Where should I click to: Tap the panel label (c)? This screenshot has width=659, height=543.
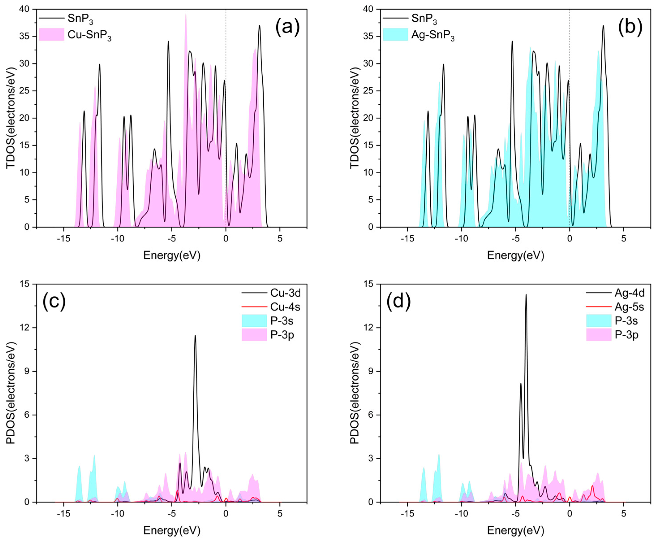pyautogui.click(x=54, y=302)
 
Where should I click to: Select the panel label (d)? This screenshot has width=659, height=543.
pyautogui.click(x=398, y=302)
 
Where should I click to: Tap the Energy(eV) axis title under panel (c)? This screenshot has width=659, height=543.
pyautogui.click(x=172, y=530)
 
